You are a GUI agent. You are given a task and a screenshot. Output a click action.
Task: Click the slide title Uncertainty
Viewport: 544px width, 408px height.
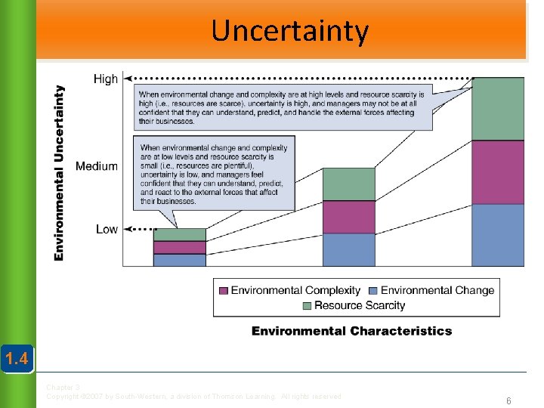289,31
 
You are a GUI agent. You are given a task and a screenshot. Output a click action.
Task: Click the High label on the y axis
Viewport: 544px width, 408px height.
106,79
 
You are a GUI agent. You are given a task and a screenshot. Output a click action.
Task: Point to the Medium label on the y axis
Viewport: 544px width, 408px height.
97,166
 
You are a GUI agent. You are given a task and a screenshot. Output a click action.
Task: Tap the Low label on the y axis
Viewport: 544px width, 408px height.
107,229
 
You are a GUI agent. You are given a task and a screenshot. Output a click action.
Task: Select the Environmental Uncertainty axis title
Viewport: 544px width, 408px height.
59,173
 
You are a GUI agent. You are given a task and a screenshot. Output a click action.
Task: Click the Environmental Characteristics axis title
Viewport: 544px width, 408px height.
351,331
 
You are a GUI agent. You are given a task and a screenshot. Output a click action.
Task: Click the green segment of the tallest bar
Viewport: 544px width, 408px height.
497,109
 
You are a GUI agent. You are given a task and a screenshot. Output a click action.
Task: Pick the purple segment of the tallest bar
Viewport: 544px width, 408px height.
497,172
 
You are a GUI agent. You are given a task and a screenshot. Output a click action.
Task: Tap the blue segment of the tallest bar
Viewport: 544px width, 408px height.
497,234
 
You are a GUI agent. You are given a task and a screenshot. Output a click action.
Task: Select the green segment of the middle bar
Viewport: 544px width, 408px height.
348,184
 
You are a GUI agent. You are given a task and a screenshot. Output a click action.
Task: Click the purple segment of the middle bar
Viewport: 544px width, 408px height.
348,217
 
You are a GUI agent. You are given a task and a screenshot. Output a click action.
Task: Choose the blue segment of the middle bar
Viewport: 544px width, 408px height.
348,249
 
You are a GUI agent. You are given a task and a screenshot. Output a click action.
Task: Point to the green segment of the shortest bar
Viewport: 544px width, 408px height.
179,235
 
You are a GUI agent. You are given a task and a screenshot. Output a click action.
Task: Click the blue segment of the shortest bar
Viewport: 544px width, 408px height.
179,260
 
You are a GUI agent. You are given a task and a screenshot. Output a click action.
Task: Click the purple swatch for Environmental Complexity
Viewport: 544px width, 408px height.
224,290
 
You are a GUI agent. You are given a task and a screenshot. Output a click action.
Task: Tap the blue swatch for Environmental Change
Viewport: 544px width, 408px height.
373,290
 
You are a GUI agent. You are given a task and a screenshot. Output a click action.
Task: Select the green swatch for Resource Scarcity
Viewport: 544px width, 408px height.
307,306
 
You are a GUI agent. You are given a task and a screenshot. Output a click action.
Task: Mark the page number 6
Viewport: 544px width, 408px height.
508,401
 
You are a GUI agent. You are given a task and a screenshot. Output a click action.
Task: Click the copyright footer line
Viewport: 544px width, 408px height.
194,396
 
